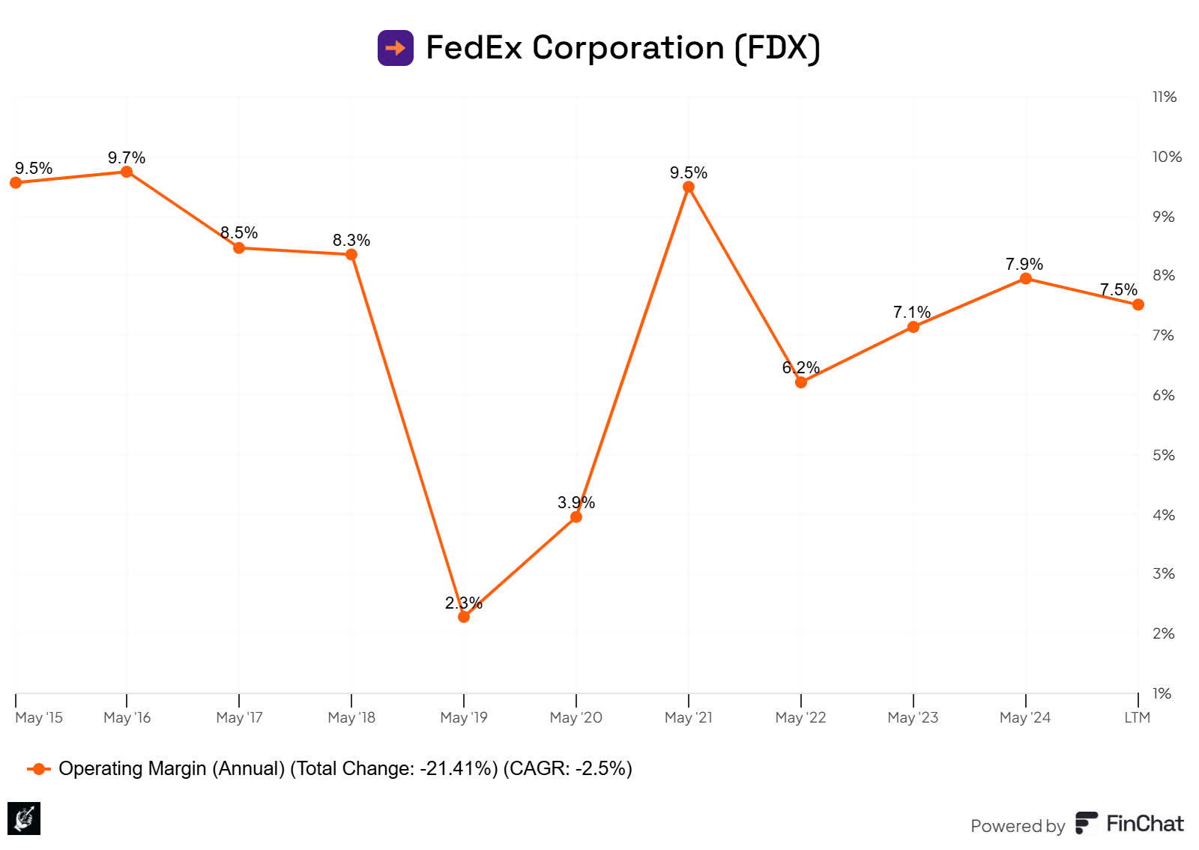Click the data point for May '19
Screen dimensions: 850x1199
464,617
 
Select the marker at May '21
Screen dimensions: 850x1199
689,187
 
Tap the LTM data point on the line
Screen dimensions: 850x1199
1138,304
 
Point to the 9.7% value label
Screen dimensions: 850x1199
127,157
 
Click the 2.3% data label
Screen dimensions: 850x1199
463,603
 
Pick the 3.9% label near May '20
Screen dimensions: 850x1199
576,502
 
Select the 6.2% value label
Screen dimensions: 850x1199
800,367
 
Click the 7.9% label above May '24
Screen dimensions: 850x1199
1024,264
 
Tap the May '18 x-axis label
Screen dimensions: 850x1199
351,717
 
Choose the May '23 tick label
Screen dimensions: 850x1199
912,717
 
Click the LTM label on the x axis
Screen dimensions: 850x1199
1137,717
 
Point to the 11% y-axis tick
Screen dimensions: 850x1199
1164,97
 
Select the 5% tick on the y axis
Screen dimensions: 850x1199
1163,455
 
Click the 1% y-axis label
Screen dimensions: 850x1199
1162,693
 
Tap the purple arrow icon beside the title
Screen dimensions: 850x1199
396,48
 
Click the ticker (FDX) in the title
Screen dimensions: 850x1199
777,48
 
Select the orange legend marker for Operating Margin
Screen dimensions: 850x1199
39,769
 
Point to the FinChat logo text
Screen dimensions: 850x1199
1144,824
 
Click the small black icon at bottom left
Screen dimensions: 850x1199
24,818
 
